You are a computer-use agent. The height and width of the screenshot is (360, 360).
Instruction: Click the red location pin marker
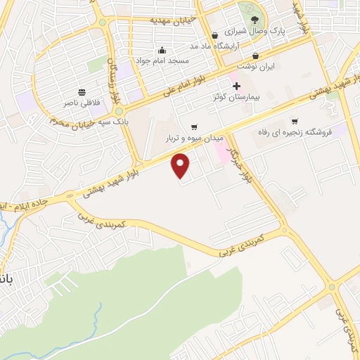click(x=182, y=165)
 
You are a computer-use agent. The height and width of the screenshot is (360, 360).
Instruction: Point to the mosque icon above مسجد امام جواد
click(x=162, y=50)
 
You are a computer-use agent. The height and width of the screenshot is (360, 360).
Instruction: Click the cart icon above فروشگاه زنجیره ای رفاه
click(x=295, y=121)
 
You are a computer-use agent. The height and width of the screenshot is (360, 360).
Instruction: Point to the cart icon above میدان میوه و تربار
click(x=193, y=127)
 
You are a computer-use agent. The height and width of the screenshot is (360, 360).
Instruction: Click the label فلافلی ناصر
click(x=82, y=103)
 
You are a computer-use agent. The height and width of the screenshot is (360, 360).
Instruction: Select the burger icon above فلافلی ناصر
click(x=82, y=92)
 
